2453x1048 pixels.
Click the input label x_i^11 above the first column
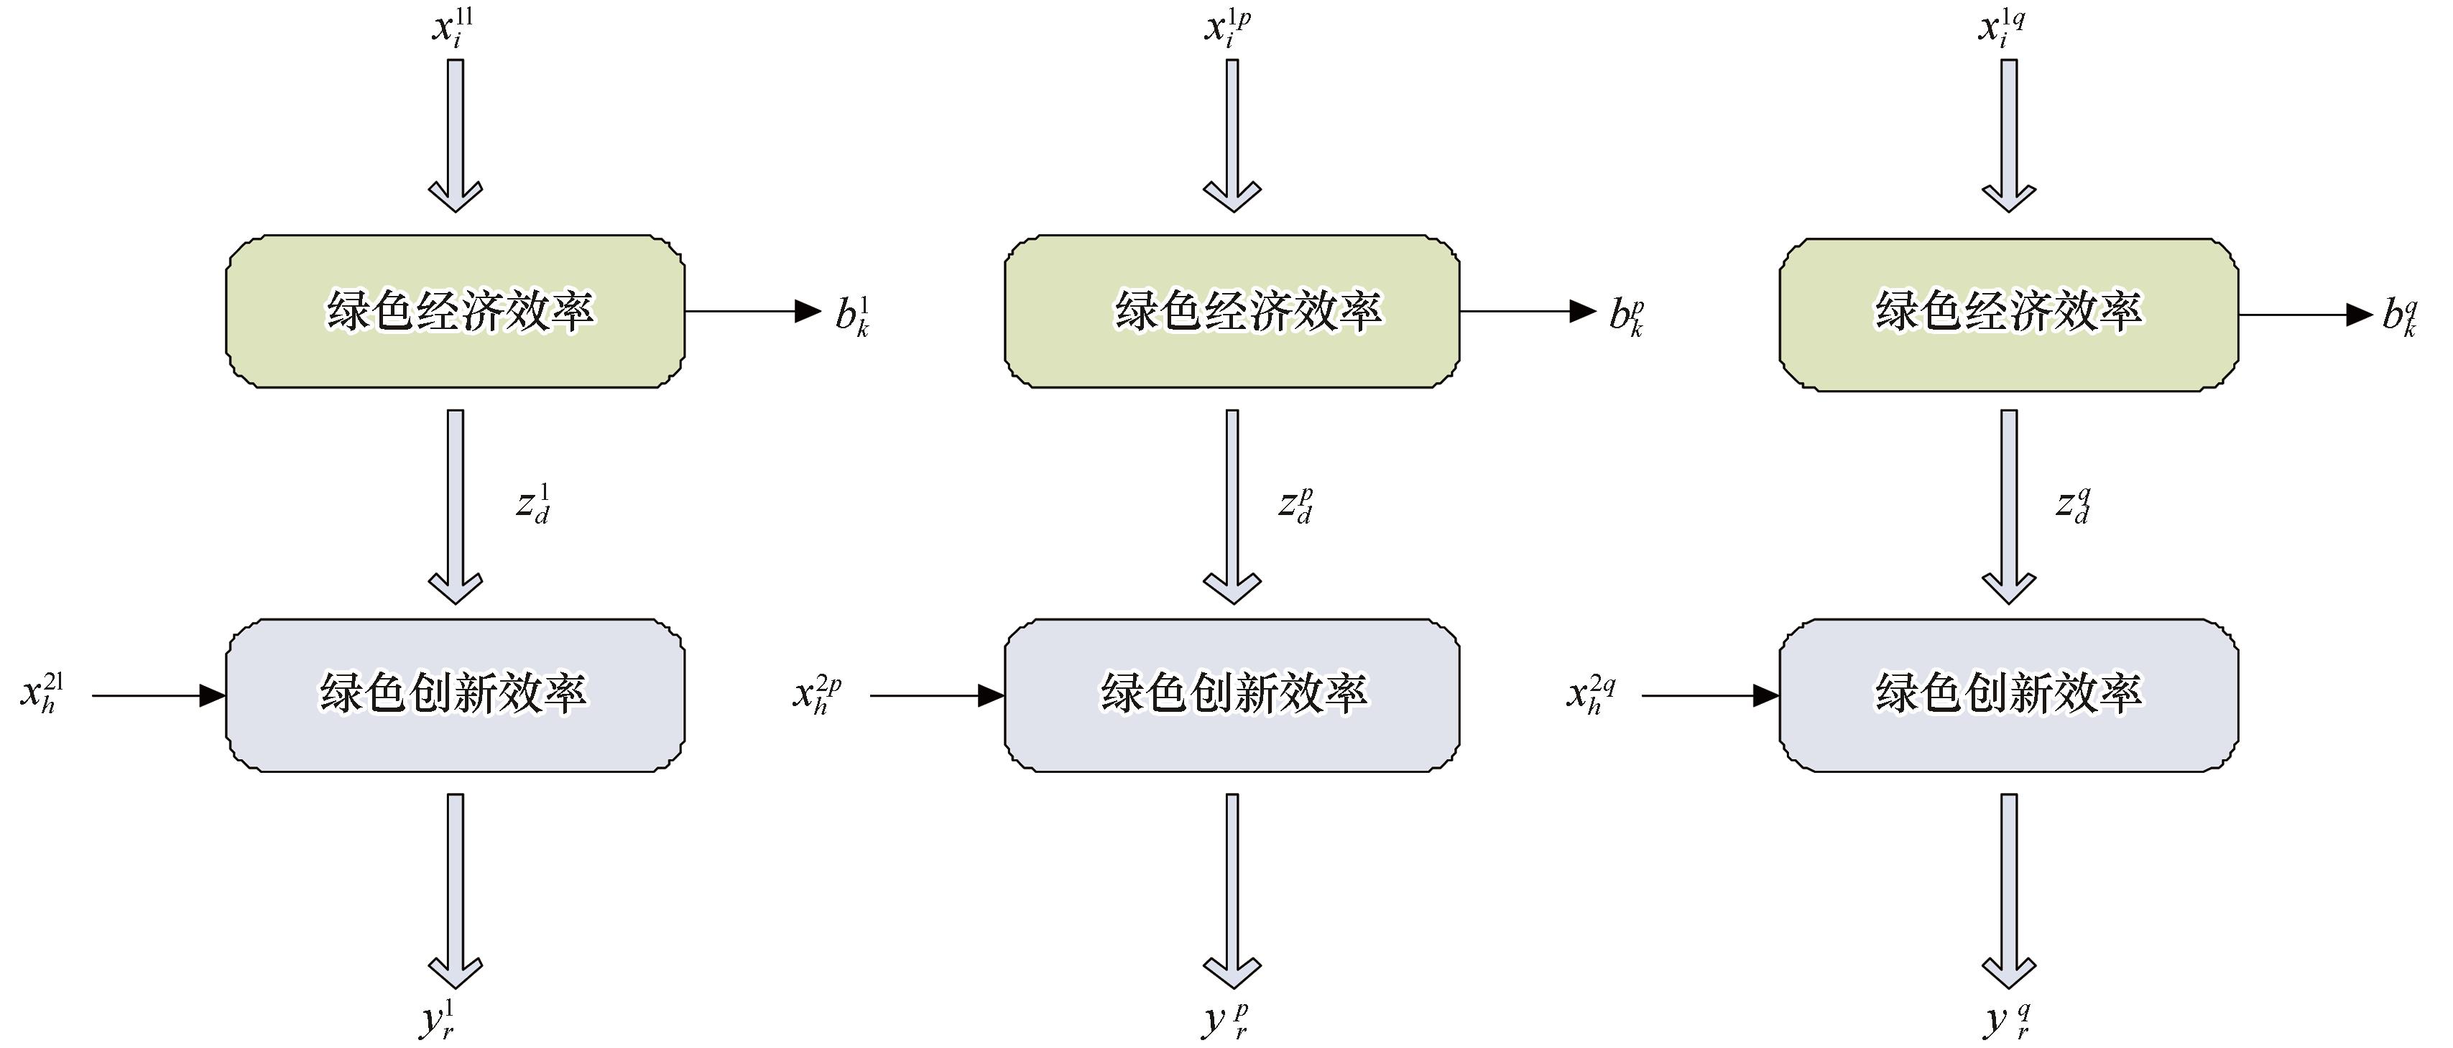[x=453, y=27]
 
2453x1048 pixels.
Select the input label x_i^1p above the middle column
[x=1227, y=27]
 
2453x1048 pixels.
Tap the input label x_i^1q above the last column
[x=2002, y=27]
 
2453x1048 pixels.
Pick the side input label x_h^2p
[x=817, y=695]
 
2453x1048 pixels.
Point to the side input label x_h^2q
[x=1592, y=695]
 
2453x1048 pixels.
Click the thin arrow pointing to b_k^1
[x=753, y=311]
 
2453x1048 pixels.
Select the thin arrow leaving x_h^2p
[x=938, y=696]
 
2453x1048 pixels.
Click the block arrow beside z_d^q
[x=2009, y=506]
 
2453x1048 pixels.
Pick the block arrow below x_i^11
[x=455, y=136]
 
